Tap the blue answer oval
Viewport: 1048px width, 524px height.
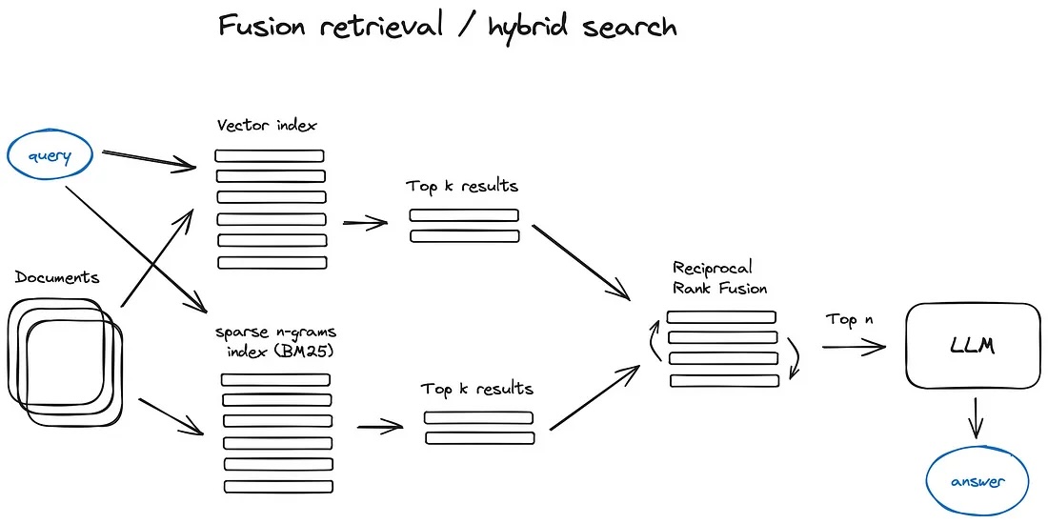pos(977,480)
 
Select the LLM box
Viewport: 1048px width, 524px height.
pos(972,345)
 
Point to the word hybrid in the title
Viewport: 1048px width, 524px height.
pos(530,27)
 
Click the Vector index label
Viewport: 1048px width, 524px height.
pos(267,126)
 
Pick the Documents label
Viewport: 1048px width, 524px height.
pos(57,277)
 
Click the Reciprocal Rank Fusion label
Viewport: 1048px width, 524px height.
pos(720,277)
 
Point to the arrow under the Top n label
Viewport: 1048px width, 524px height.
pos(853,348)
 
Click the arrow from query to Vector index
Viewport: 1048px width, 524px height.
pos(148,160)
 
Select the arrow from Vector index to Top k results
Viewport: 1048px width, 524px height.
pos(365,224)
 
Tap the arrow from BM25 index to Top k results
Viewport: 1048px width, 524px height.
pos(379,427)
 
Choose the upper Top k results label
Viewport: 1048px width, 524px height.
pos(462,186)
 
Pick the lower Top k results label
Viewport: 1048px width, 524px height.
pos(477,389)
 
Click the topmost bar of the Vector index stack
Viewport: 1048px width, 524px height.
pos(270,155)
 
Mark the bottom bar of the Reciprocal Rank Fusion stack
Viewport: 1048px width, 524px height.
pos(724,380)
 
